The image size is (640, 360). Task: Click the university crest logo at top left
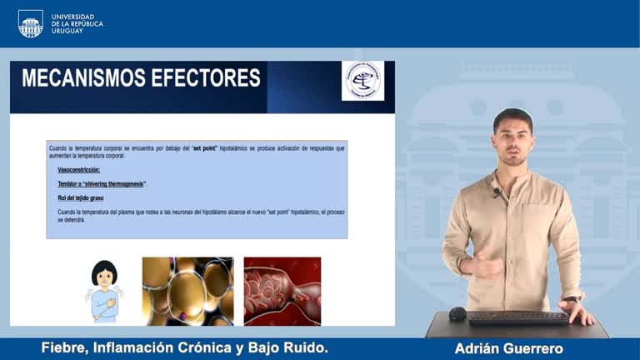click(x=31, y=23)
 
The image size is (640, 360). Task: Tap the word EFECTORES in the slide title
click(x=208, y=78)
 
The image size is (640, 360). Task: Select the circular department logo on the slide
click(x=363, y=81)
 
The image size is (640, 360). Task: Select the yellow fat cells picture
click(x=187, y=291)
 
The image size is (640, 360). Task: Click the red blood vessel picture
click(x=282, y=291)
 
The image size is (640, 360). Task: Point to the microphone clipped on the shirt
click(x=497, y=192)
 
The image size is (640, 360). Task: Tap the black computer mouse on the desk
click(x=457, y=314)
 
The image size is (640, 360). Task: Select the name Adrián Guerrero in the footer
click(x=509, y=348)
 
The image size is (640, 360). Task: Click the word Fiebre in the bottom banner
click(x=64, y=348)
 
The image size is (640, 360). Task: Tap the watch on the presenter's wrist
click(x=572, y=298)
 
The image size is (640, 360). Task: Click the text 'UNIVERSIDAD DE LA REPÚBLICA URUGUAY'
click(x=77, y=23)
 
